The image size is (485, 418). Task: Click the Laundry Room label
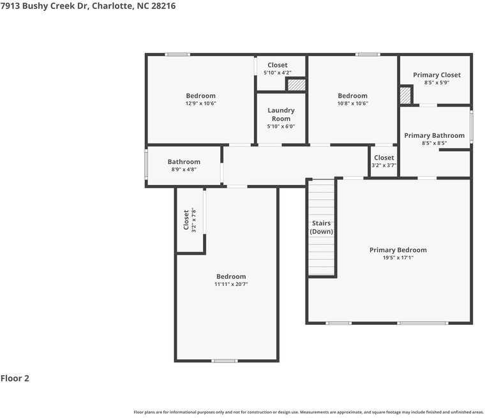click(281, 114)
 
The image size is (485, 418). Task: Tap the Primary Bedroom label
click(398, 250)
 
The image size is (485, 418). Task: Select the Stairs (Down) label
click(322, 227)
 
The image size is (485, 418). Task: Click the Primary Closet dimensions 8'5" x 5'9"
click(436, 82)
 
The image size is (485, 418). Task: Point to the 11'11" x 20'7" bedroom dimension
click(231, 284)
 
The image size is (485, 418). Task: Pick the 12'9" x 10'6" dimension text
click(201, 103)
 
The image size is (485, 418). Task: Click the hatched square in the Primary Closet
click(405, 96)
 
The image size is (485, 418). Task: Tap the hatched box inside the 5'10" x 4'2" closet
click(297, 85)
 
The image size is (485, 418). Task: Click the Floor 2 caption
click(15, 378)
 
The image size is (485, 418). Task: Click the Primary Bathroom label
click(435, 135)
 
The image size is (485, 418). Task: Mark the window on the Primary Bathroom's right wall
click(472, 127)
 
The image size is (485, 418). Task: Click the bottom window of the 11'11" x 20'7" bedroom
click(225, 361)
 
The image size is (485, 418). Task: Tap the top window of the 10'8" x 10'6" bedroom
click(368, 55)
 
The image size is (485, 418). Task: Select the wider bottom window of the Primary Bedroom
click(422, 323)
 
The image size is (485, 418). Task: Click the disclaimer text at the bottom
click(309, 412)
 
